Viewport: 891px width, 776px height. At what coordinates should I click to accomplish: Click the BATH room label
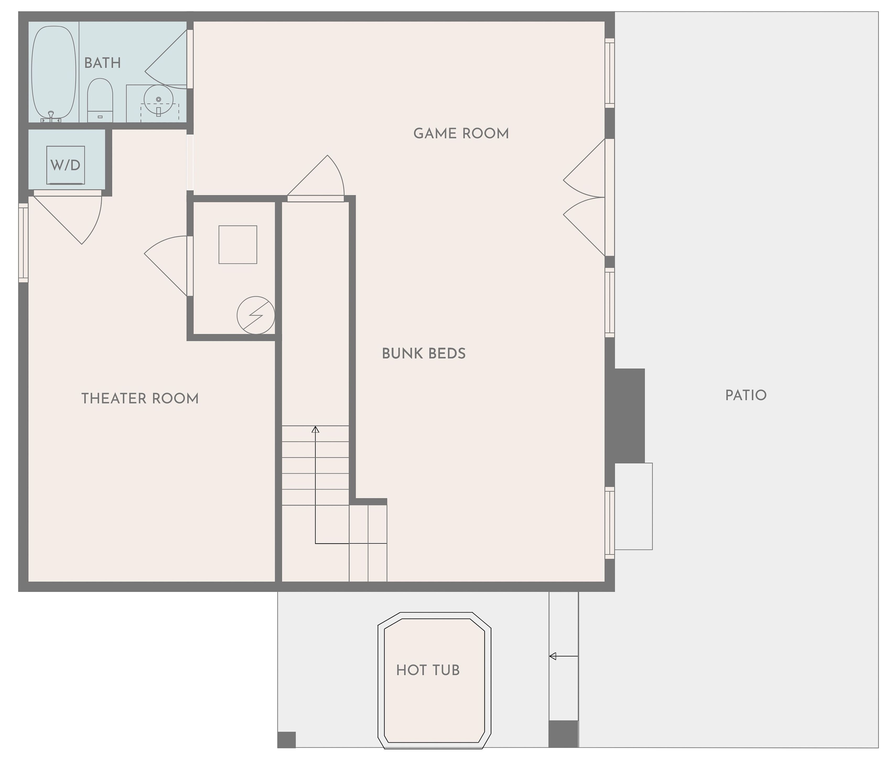(x=102, y=63)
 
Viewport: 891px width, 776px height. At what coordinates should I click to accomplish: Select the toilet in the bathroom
(x=100, y=100)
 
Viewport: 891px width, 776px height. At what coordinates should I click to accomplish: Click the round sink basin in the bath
(x=158, y=100)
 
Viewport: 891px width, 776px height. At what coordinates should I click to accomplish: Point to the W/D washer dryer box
(x=65, y=165)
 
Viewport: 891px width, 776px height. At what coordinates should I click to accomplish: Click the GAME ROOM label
(x=461, y=133)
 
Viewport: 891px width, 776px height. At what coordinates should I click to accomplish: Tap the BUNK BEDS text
(x=423, y=354)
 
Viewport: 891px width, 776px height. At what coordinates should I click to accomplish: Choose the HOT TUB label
(x=428, y=670)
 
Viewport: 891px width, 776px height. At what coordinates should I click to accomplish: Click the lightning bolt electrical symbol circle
(x=256, y=315)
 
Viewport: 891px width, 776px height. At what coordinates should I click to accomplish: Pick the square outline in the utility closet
(x=238, y=245)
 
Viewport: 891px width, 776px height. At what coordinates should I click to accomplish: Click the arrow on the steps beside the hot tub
(x=563, y=656)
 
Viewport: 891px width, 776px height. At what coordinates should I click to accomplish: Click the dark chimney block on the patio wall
(x=629, y=416)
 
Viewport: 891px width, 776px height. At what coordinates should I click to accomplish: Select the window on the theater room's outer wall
(x=23, y=243)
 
